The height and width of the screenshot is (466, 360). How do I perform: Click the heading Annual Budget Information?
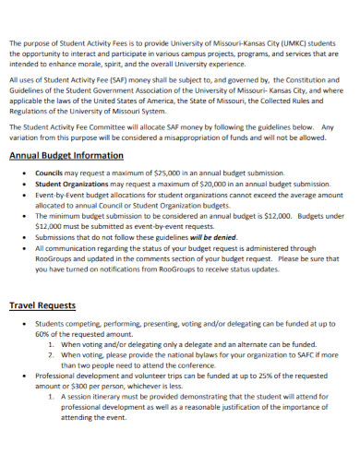click(x=66, y=155)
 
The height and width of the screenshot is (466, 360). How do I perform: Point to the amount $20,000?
click(x=205, y=184)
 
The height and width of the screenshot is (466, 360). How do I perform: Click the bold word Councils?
click(x=49, y=173)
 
